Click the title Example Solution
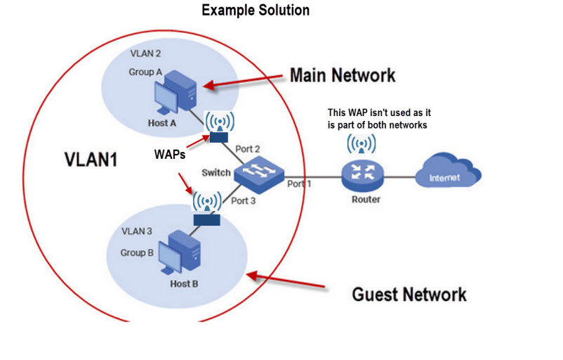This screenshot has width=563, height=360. (255, 11)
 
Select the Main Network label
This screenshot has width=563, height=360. (343, 75)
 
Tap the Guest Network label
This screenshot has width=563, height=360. (409, 293)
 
